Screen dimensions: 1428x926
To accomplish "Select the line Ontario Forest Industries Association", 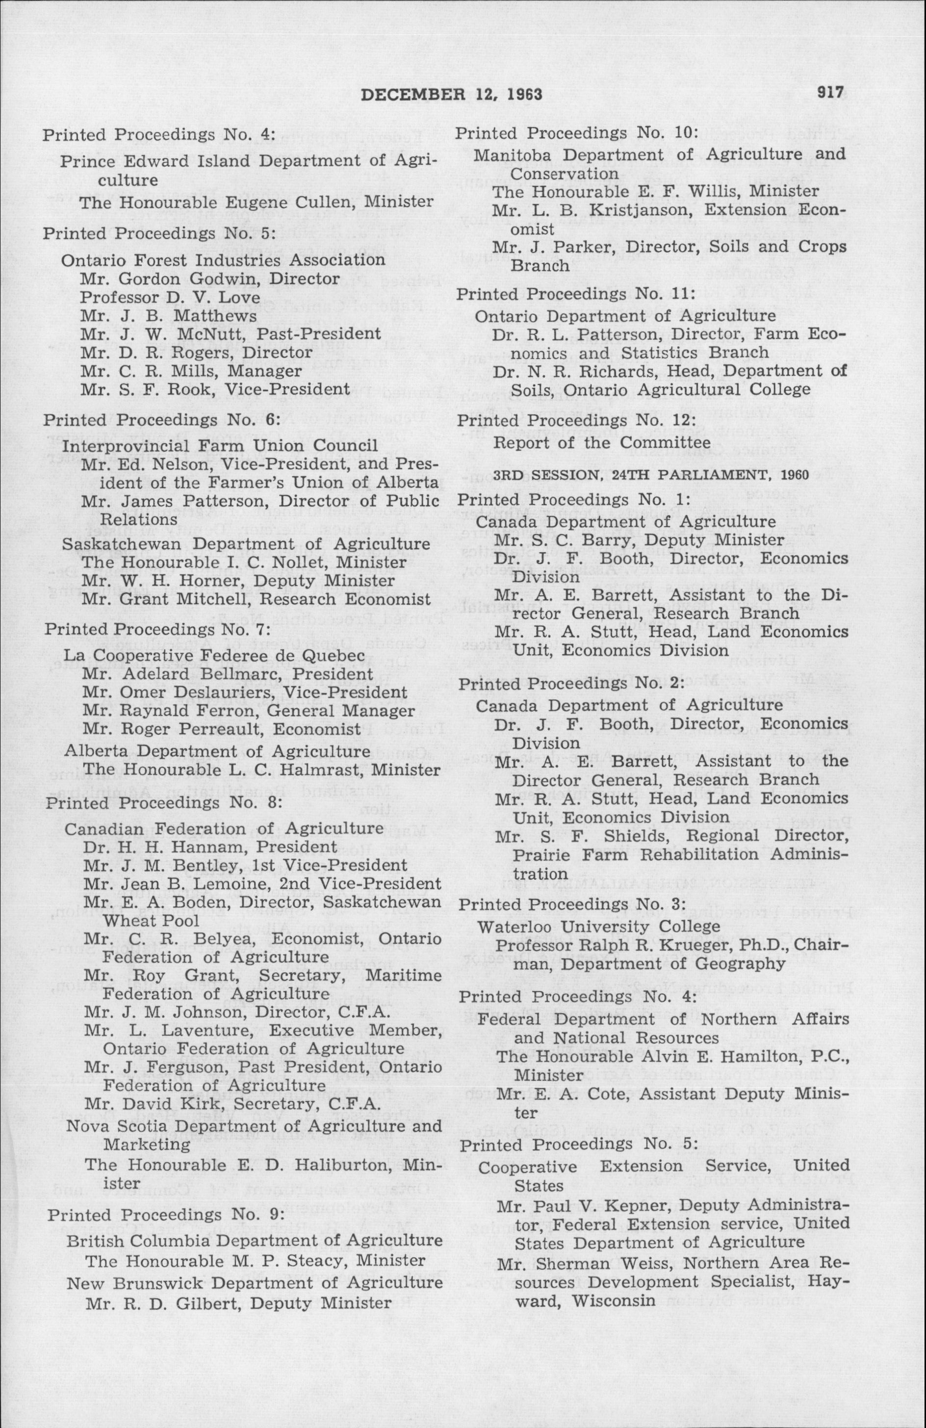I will click(x=223, y=260).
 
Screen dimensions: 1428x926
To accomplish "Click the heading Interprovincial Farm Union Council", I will click(x=220, y=446).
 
